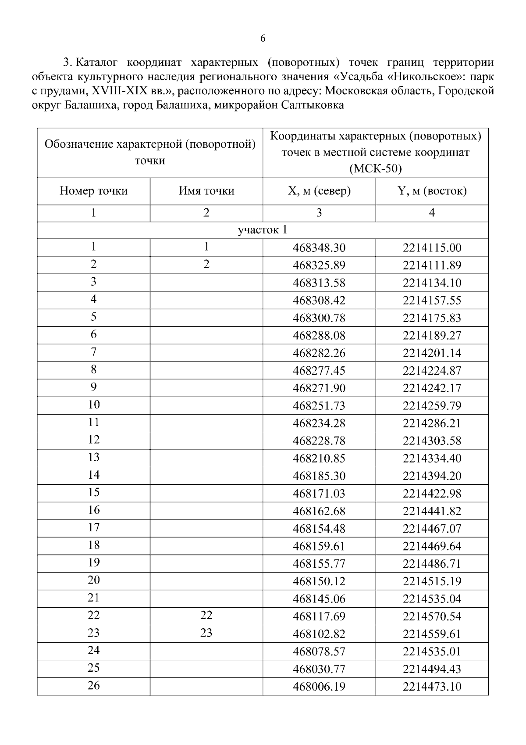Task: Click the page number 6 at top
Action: [263, 39]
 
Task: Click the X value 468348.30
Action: [319, 248]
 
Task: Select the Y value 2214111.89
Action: [432, 265]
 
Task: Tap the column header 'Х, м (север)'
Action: [319, 191]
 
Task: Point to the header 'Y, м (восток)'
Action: [432, 191]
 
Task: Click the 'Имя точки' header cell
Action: [206, 191]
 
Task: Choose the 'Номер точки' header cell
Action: [93, 191]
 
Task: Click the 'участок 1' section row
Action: [262, 230]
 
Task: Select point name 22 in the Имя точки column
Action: [206, 616]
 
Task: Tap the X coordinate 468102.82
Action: [319, 634]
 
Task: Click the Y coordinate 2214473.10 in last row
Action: [432, 687]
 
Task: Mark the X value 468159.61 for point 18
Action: [319, 546]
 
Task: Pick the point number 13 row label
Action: [93, 457]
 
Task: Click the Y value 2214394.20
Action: [432, 476]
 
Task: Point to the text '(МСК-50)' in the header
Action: [375, 169]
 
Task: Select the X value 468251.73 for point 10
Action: [319, 406]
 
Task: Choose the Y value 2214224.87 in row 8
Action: [432, 371]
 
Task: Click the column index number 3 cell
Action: [319, 213]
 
